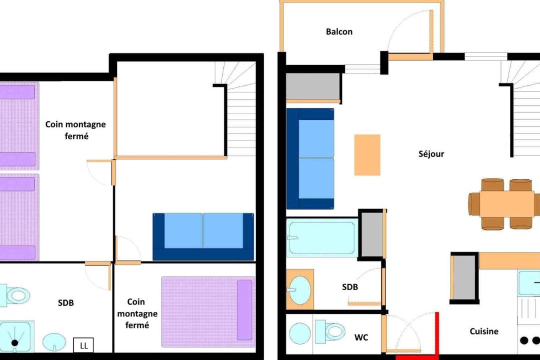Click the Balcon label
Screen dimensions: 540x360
coord(339,31)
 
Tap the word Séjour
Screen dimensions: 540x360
coord(431,153)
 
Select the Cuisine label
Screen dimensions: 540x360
coord(484,331)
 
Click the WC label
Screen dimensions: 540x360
coord(361,337)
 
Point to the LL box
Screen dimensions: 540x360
coord(83,345)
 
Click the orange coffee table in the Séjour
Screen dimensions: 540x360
coord(367,155)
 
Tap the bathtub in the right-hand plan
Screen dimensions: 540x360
coord(321,237)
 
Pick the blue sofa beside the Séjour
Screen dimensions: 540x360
coord(310,159)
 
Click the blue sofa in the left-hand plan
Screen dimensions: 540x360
coord(203,236)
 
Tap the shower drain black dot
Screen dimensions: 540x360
coord(14,343)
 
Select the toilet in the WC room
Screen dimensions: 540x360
coord(330,331)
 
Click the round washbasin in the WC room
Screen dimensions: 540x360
coord(300,333)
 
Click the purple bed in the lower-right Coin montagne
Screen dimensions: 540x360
coord(208,312)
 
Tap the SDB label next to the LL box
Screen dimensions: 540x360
coord(66,303)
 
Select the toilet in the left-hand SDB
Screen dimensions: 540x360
coord(14,295)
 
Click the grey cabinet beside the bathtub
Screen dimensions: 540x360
coord(372,234)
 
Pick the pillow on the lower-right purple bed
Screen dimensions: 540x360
coord(244,310)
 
